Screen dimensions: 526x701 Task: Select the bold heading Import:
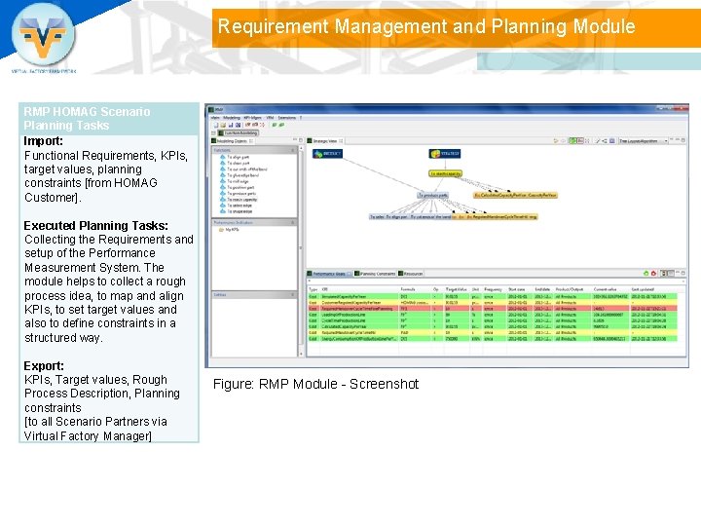click(x=44, y=140)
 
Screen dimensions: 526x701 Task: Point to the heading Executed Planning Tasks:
click(x=95, y=225)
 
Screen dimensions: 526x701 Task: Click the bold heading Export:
click(x=44, y=365)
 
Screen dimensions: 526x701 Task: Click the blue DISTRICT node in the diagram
click(x=327, y=154)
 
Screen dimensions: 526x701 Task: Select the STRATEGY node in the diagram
click(x=446, y=153)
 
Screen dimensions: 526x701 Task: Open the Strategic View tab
click(x=328, y=141)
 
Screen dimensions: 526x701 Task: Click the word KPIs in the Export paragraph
click(x=38, y=380)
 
